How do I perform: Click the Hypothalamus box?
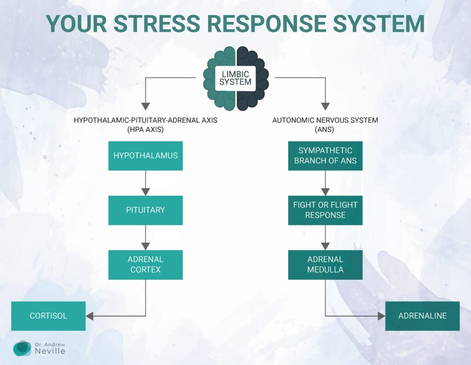145,156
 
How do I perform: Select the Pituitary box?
145,210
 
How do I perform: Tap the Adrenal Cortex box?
145,265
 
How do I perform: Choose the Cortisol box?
48,316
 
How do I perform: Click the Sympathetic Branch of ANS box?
325,156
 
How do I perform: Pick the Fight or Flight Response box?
325,210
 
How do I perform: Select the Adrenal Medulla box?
325,265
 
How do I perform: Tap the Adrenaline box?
422,316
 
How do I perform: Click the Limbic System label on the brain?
235,78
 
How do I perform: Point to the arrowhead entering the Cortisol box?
90,316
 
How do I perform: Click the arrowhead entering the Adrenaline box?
381,316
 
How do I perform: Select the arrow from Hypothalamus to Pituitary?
145,183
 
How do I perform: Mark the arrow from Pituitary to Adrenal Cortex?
145,237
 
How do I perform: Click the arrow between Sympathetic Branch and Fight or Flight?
325,183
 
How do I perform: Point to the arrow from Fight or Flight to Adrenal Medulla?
325,237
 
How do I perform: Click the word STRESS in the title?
157,23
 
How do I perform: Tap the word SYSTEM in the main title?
379,23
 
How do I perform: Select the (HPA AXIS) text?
145,130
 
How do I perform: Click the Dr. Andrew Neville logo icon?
22,348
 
